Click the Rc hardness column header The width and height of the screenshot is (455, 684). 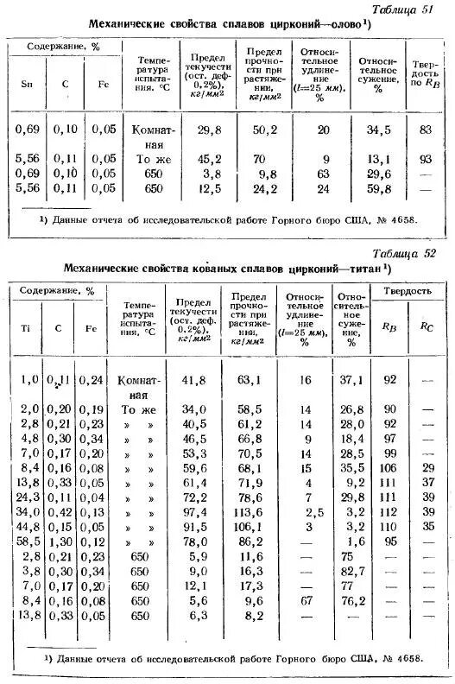[427, 327]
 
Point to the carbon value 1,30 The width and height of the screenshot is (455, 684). [60, 541]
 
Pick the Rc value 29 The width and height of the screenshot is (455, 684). [427, 467]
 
